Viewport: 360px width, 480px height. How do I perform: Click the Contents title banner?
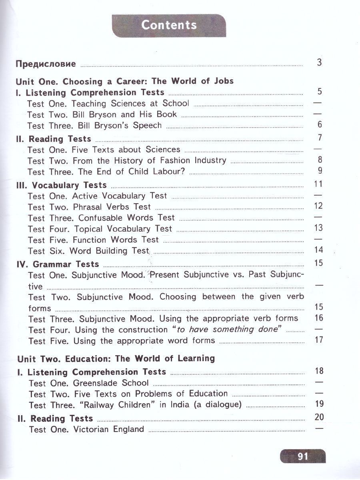click(x=169, y=26)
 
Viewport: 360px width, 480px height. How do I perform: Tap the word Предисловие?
click(x=46, y=64)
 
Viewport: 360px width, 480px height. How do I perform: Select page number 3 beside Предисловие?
click(x=319, y=62)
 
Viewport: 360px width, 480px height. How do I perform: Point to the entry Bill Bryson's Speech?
click(x=94, y=126)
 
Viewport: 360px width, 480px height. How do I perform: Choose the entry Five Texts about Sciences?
click(x=104, y=150)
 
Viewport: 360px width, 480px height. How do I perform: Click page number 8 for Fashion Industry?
click(x=319, y=160)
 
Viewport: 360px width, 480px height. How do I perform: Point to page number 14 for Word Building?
click(x=319, y=250)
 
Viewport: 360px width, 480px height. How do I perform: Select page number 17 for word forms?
click(x=319, y=340)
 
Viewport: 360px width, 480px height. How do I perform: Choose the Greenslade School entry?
click(x=88, y=383)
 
